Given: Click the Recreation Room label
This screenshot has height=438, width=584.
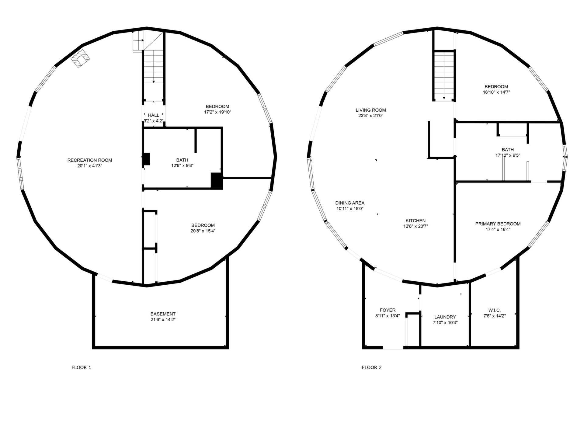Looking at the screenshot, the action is (x=90, y=160).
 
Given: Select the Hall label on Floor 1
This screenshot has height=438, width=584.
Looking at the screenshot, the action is (x=154, y=115).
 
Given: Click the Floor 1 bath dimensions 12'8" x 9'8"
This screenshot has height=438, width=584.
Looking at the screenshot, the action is (x=182, y=166).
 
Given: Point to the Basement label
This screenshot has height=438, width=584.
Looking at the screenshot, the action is (x=163, y=314).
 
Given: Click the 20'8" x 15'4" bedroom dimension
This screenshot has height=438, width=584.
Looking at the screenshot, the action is (x=203, y=231).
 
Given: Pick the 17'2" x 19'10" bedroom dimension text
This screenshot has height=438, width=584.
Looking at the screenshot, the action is (x=217, y=112).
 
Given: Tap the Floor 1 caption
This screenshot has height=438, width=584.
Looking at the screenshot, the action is (x=81, y=367).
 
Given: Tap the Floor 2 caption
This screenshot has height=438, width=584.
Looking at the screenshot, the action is (x=372, y=367).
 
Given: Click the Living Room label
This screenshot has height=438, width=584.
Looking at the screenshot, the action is (x=371, y=110).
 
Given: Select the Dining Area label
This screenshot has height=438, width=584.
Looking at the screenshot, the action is (x=350, y=203).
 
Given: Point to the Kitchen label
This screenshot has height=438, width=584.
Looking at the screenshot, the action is (x=415, y=221).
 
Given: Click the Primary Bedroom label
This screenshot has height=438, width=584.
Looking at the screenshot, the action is (x=498, y=224).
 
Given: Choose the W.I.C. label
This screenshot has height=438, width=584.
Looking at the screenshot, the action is (x=495, y=310).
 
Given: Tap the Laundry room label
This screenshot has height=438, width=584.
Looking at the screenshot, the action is (x=445, y=317).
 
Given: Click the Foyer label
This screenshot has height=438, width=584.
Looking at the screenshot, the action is (x=388, y=310).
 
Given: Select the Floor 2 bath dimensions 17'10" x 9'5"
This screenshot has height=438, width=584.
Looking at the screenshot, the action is (x=508, y=155).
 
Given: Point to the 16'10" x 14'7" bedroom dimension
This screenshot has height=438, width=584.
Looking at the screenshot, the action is (x=496, y=92).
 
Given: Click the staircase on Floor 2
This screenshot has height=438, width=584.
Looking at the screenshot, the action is (x=444, y=76).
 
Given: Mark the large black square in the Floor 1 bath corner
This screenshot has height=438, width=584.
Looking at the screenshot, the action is (x=217, y=181).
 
